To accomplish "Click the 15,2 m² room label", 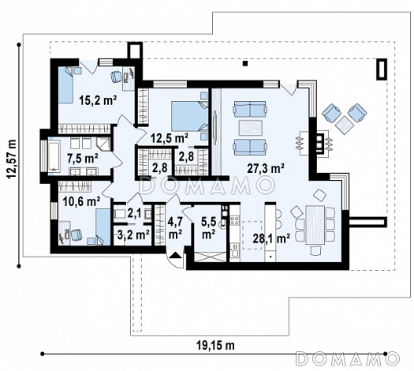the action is [98, 100].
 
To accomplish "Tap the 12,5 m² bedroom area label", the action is [170, 137].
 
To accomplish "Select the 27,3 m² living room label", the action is [266, 168].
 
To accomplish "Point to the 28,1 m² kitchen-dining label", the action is [271, 238].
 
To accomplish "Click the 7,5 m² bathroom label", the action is [83, 159].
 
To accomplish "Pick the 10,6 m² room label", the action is [81, 201].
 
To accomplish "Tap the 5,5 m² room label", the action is [208, 227].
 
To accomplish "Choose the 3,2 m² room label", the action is [133, 234].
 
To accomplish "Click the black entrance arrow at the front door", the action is [175, 255].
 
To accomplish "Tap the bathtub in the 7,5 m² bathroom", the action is [54, 156].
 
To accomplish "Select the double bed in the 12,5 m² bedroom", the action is [189, 116].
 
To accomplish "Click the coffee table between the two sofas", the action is [250, 128].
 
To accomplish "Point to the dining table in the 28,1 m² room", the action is [315, 225].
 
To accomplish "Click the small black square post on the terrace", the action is [245, 63].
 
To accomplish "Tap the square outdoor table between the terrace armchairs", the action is [345, 125].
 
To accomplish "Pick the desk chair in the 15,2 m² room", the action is [116, 77].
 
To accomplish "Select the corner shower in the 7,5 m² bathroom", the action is [104, 144].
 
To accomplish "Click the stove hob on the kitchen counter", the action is [234, 221].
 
